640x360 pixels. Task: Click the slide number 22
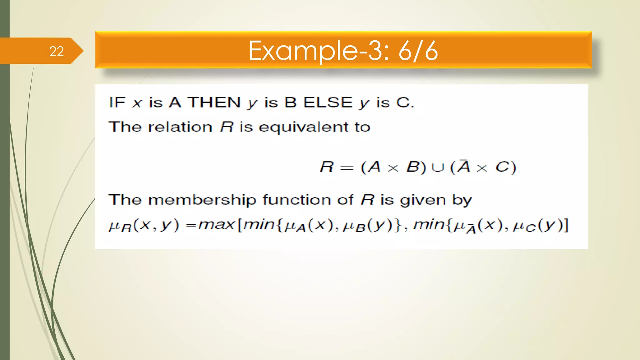point(57,51)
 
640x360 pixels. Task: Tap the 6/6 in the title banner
point(418,51)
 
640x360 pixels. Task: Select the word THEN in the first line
point(214,102)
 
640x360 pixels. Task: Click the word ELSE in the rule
point(328,102)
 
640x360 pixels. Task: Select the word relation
point(180,127)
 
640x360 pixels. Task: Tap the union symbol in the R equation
point(437,168)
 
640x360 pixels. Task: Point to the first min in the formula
point(259,224)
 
